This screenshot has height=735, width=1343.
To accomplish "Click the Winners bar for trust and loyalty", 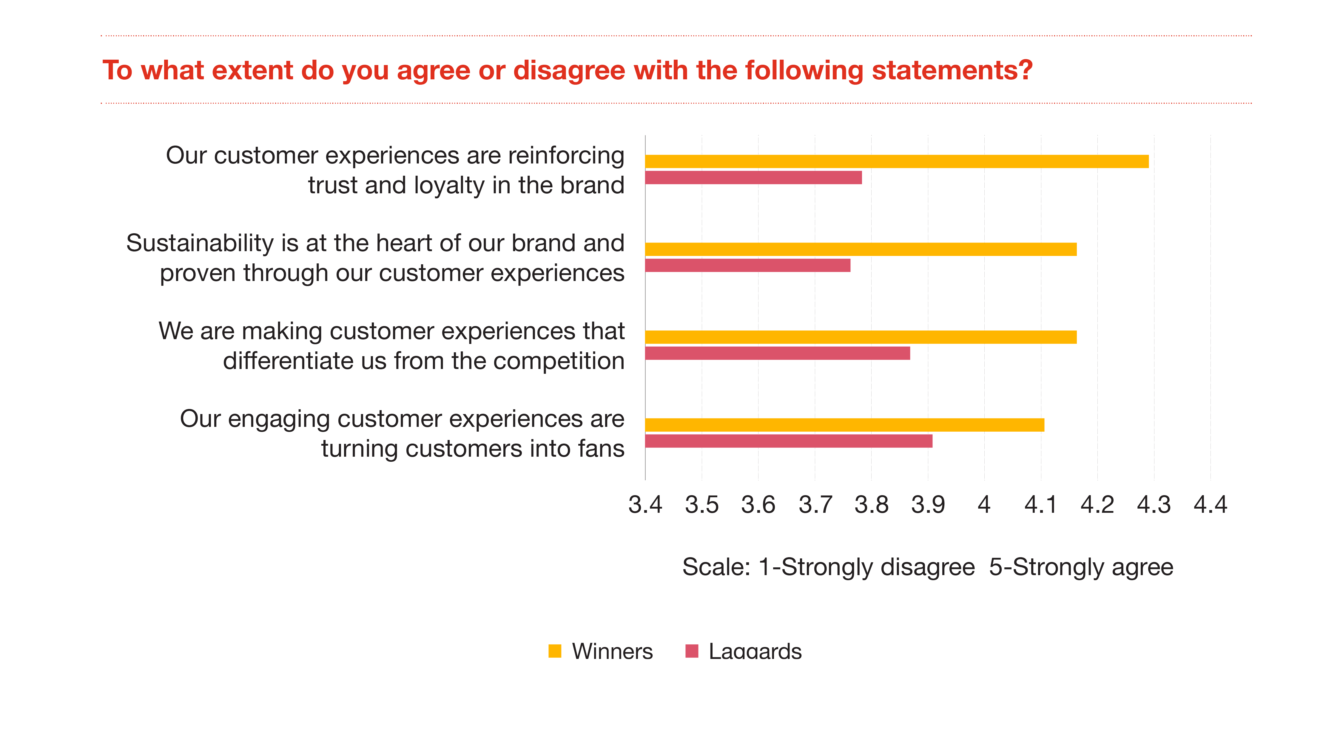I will pyautogui.click(x=897, y=162).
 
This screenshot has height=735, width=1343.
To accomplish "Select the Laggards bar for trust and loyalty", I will pyautogui.click(x=753, y=178).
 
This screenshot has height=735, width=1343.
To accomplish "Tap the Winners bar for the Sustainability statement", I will pyautogui.click(x=860, y=249).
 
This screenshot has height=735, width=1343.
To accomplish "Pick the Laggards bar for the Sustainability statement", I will pyautogui.click(x=748, y=265).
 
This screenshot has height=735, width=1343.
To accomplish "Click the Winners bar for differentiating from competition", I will pyautogui.click(x=860, y=337).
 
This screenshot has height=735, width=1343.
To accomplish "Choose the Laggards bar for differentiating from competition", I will pyautogui.click(x=777, y=353).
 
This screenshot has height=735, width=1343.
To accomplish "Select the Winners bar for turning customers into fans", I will pyautogui.click(x=845, y=425).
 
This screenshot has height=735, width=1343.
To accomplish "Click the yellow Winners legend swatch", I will pyautogui.click(x=555, y=651).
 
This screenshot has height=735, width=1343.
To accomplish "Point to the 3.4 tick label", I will pyautogui.click(x=645, y=505).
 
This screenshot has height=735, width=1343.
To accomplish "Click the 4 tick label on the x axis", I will pyautogui.click(x=984, y=505).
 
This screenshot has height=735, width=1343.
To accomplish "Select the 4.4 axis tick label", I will pyautogui.click(x=1210, y=505).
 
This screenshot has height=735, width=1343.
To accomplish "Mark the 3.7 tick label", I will pyautogui.click(x=815, y=505).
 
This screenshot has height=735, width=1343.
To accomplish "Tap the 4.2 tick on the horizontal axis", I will pyautogui.click(x=1097, y=505).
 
